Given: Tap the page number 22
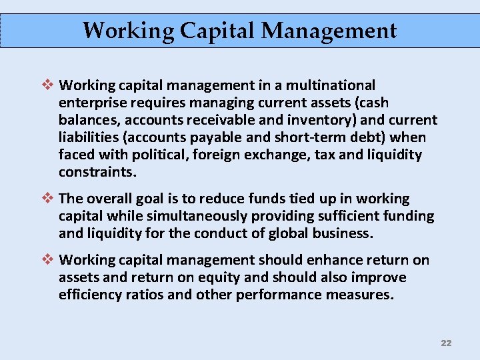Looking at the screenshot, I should click(446, 343).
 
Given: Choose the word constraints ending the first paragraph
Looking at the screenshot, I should click(97, 172).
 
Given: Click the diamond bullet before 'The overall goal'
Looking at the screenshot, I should click(47, 199).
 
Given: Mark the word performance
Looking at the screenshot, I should click(267, 295).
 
